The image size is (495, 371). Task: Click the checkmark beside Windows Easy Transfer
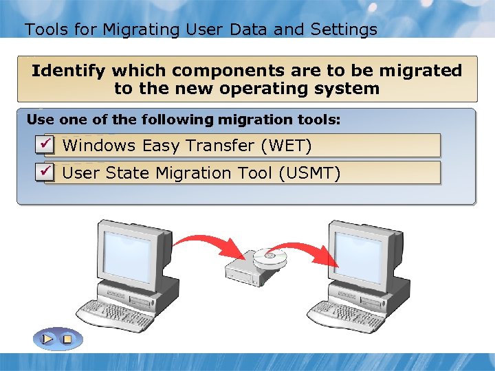click(x=45, y=144)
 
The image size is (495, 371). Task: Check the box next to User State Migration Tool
click(x=45, y=170)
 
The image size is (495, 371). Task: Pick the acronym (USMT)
click(x=309, y=173)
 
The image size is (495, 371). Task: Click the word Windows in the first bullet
click(x=99, y=146)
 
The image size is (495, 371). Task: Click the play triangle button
click(x=47, y=339)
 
